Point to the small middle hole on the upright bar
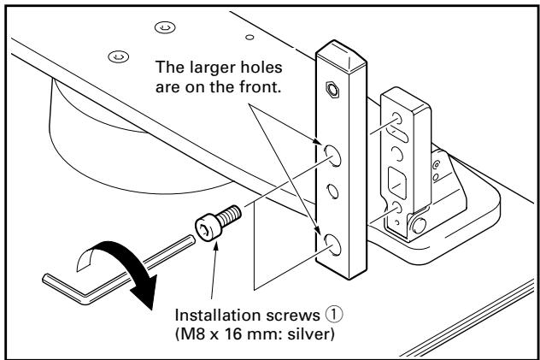point(332,190)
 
